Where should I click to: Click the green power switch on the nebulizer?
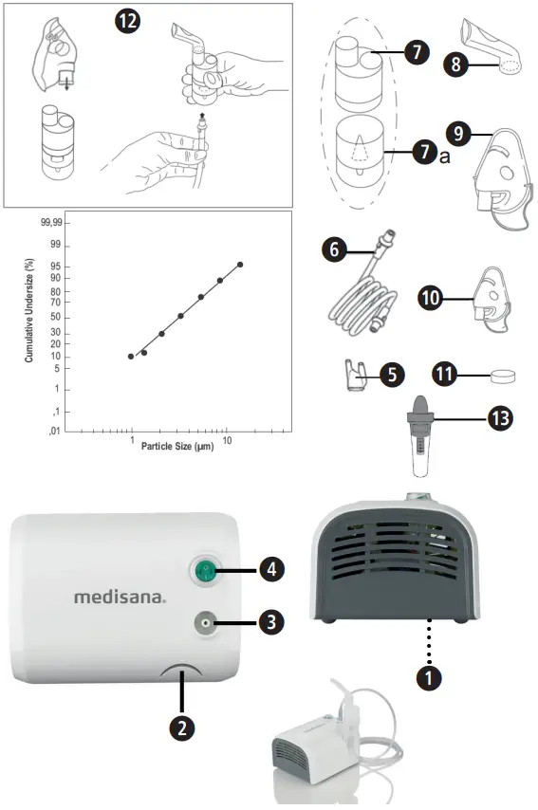pyautogui.click(x=204, y=571)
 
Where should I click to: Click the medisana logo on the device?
pyautogui.click(x=121, y=598)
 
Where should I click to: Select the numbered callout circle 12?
pyautogui.click(x=126, y=21)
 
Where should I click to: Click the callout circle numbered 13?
pyautogui.click(x=501, y=416)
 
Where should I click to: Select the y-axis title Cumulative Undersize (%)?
pyautogui.click(x=29, y=312)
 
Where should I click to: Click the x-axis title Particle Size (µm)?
pyautogui.click(x=177, y=445)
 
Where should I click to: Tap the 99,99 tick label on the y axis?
pyautogui.click(x=51, y=222)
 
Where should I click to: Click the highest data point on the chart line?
pyautogui.click(x=240, y=265)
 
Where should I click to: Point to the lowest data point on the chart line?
pyautogui.click(x=131, y=356)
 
